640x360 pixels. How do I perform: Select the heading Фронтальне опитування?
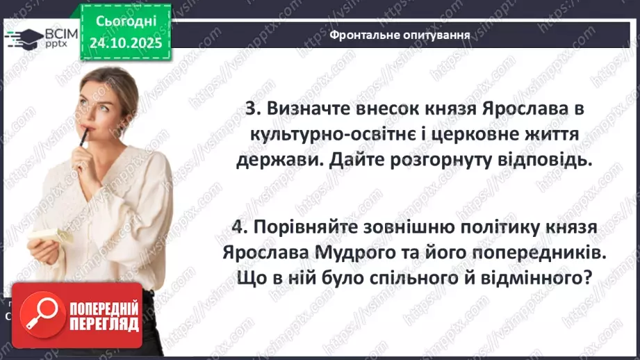pos(400,34)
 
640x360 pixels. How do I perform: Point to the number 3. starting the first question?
pos(254,109)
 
